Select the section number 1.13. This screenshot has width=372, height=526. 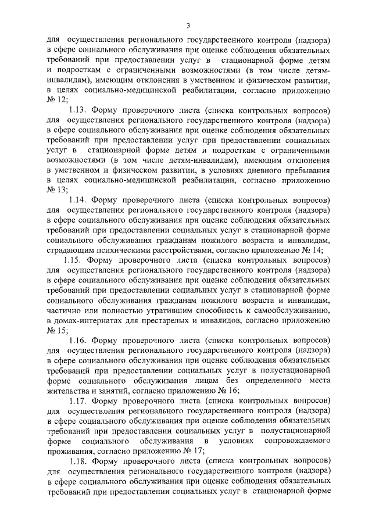tap(78, 110)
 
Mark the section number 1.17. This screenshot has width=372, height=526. tap(78, 401)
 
